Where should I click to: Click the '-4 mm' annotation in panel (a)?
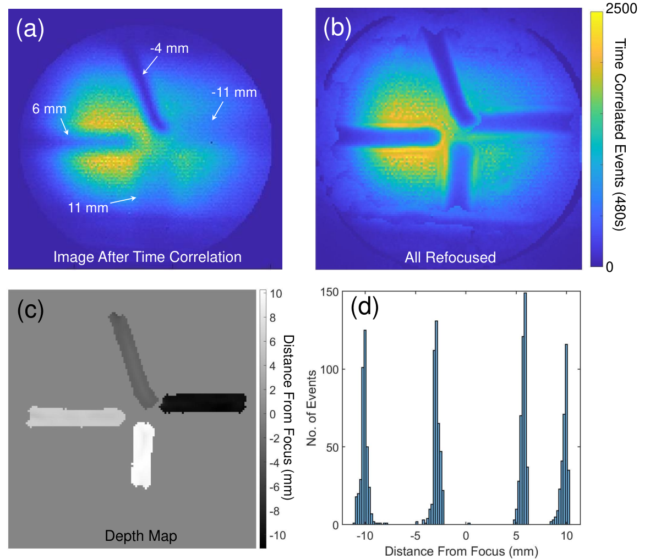[169, 48]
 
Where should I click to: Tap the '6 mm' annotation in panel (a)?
[50, 109]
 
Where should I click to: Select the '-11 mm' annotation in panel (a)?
[234, 92]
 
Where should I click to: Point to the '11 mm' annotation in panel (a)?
[88, 207]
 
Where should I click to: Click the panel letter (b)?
[337, 28]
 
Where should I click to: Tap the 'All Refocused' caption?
[450, 257]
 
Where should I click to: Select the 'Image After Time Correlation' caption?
[148, 257]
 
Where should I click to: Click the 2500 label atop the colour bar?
[621, 8]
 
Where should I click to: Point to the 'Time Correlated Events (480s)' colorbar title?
[619, 134]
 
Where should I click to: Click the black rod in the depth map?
[203, 403]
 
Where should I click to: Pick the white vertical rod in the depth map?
[143, 456]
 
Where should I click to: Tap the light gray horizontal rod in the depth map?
[75, 417]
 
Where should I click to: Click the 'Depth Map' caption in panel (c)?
[141, 536]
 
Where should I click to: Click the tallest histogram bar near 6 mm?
[525, 409]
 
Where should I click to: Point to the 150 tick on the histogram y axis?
[330, 292]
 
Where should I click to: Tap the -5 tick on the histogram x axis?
[415, 536]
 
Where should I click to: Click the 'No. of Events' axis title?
[312, 408]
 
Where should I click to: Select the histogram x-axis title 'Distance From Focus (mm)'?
[461, 551]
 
